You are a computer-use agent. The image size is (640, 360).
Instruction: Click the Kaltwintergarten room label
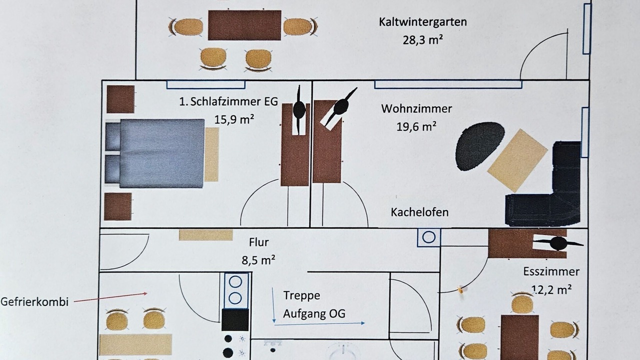click(423, 22)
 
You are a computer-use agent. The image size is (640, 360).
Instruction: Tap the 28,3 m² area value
click(423, 40)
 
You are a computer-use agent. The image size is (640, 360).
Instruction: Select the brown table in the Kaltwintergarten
click(244, 25)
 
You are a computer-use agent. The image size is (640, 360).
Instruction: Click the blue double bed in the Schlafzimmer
click(154, 153)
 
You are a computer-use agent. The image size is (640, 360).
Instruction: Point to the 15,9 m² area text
click(234, 119)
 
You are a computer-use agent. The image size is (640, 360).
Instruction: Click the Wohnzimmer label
click(416, 109)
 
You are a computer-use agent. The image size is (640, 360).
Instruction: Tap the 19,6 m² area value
click(416, 126)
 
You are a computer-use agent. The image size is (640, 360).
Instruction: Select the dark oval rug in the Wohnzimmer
click(479, 146)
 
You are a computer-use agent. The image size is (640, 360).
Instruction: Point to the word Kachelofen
click(419, 212)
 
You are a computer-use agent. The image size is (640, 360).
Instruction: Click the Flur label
click(259, 242)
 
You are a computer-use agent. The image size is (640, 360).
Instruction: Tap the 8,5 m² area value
click(258, 260)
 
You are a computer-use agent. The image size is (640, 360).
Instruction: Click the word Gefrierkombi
click(34, 302)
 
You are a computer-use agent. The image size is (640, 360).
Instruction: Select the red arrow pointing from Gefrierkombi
click(110, 297)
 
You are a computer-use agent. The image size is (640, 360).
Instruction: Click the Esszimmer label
click(551, 271)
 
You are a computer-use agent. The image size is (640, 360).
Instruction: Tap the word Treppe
click(301, 295)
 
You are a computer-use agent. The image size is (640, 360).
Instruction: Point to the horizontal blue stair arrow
click(319, 324)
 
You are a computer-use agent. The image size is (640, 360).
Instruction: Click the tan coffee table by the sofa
click(517, 160)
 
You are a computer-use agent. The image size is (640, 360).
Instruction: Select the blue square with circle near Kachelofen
click(428, 237)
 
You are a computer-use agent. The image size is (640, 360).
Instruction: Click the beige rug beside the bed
click(211, 154)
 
